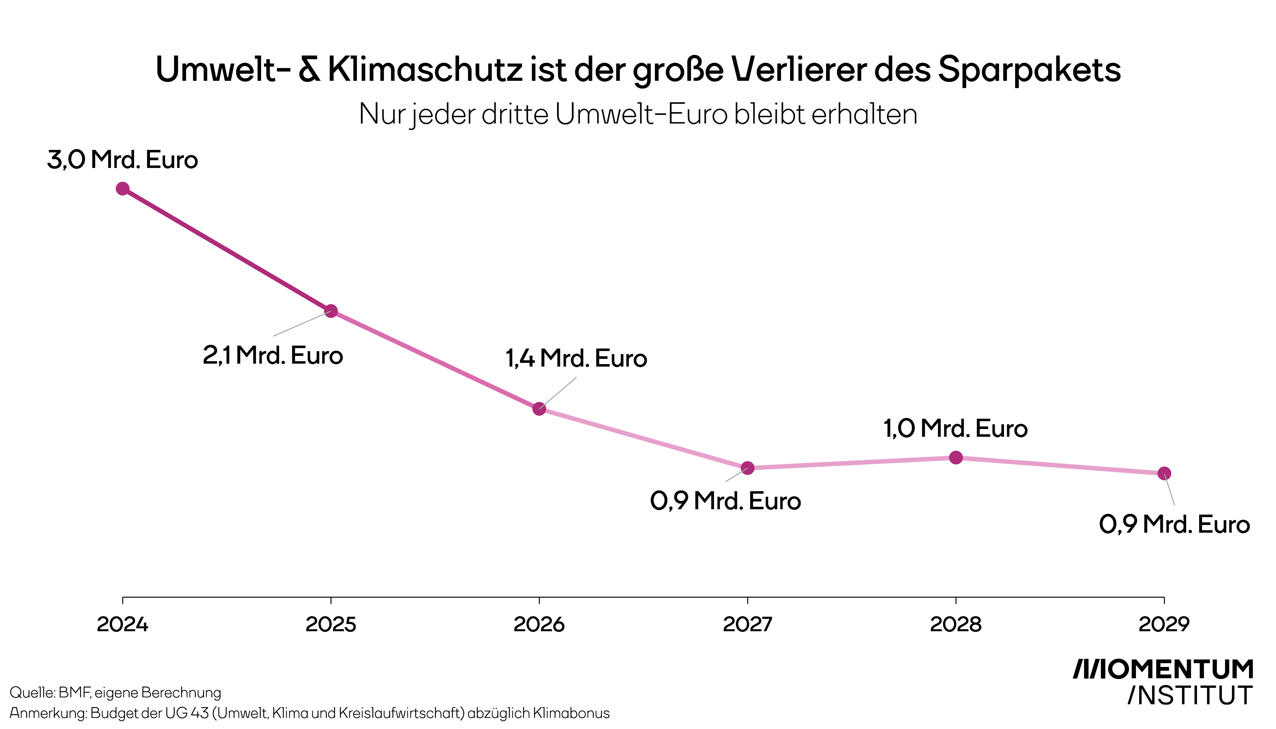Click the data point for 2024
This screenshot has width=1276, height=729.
pyautogui.click(x=123, y=189)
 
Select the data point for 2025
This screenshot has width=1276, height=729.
pyautogui.click(x=331, y=311)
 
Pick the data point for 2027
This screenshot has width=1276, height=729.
pyautogui.click(x=748, y=468)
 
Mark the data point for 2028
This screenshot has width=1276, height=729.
pyautogui.click(x=956, y=458)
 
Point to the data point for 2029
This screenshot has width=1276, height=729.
pyautogui.click(x=1164, y=473)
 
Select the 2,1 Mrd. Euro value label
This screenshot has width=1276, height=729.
pyautogui.click(x=273, y=355)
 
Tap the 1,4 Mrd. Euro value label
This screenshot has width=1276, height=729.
pyautogui.click(x=576, y=359)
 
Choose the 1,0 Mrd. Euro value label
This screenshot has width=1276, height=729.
pyautogui.click(x=956, y=428)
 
